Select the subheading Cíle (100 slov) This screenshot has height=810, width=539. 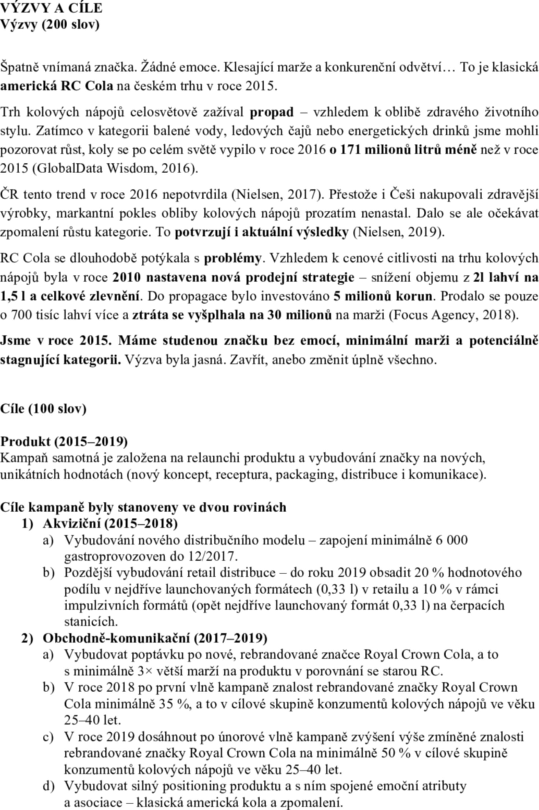click(x=43, y=408)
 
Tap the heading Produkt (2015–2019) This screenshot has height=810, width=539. click(x=64, y=442)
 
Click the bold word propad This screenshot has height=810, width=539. click(x=271, y=112)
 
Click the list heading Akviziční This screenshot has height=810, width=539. click(x=72, y=524)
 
